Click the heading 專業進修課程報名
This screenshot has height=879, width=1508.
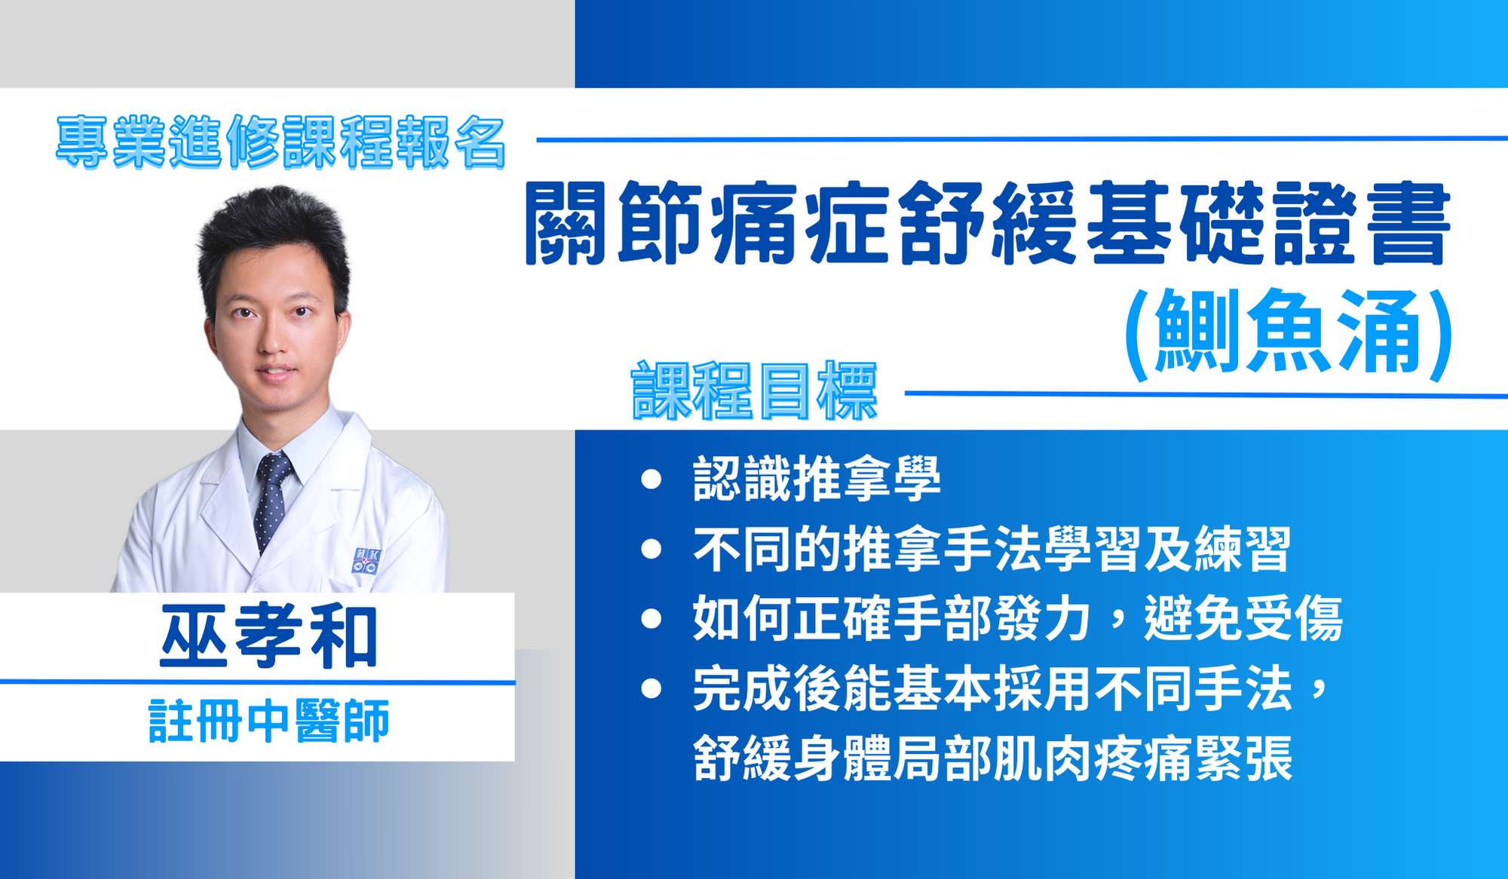click(x=280, y=142)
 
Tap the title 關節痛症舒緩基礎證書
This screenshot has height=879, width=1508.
click(x=988, y=224)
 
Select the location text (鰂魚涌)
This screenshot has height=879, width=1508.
click(x=1289, y=332)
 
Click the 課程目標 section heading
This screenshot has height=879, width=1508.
click(x=754, y=390)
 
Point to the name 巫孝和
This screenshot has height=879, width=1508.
click(x=269, y=637)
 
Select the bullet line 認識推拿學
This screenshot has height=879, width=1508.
click(x=817, y=479)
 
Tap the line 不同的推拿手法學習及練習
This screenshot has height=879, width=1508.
click(x=992, y=549)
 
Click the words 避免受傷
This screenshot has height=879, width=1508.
click(x=1244, y=618)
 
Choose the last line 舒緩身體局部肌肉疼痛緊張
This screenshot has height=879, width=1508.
click(x=993, y=758)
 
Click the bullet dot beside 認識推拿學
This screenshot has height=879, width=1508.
click(x=651, y=479)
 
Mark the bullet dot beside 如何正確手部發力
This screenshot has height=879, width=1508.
click(x=651, y=619)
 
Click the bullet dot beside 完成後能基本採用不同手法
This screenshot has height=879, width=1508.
click(x=651, y=688)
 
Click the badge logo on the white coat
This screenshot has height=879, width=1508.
click(x=366, y=562)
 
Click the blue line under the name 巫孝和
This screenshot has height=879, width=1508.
click(x=257, y=682)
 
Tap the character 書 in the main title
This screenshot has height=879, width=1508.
click(x=1411, y=224)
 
